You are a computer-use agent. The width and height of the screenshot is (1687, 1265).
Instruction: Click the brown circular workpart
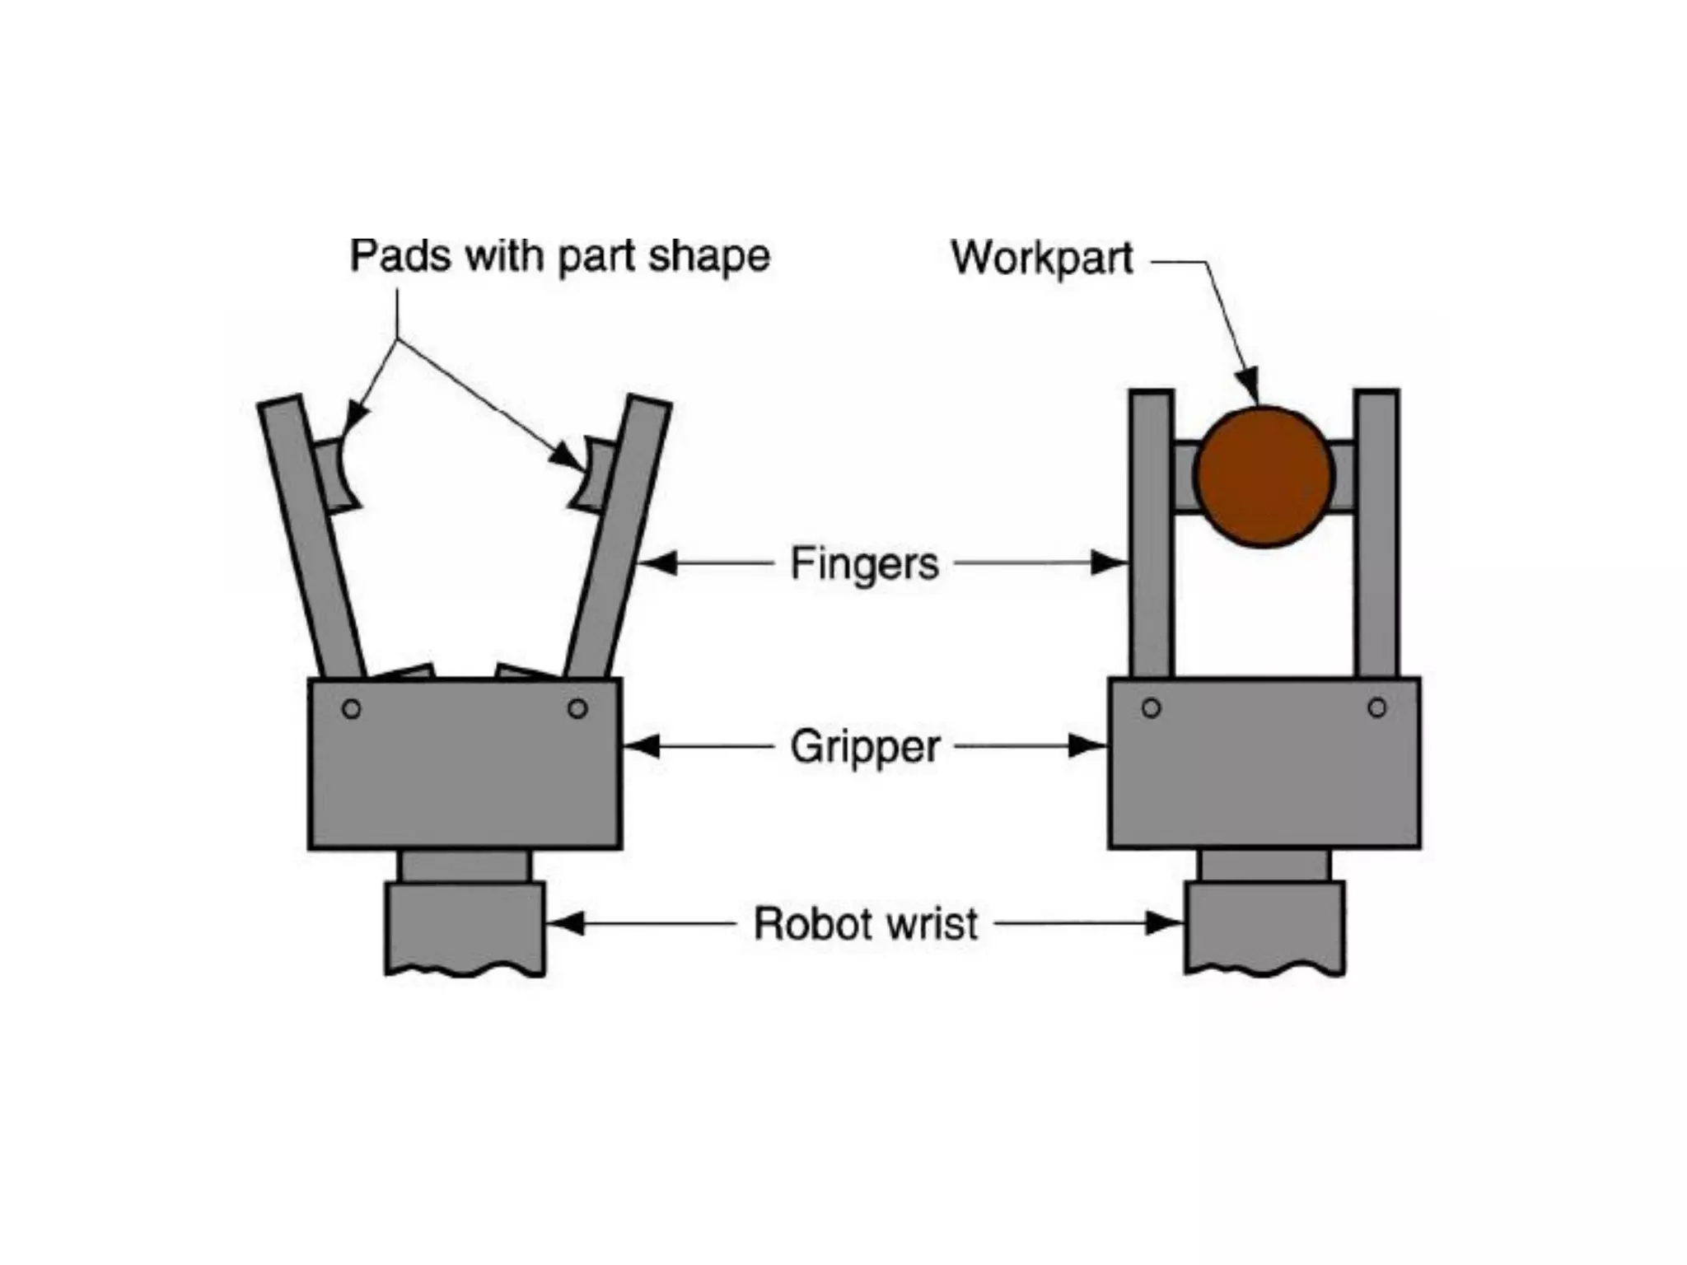[x=1264, y=476]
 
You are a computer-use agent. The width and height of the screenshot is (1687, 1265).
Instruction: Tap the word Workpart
[x=1042, y=258]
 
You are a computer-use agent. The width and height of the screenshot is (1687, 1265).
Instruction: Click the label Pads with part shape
[x=559, y=256]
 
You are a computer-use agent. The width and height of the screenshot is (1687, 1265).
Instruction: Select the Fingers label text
[x=864, y=564]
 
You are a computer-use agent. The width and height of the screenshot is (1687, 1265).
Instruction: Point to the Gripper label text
[x=865, y=747]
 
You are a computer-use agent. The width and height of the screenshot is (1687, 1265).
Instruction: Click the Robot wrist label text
[x=866, y=923]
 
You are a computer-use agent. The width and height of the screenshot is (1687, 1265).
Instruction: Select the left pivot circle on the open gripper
[x=352, y=708]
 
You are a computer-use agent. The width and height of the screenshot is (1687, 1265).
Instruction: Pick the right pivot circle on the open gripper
[x=577, y=708]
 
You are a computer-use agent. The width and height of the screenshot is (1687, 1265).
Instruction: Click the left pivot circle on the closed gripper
[x=1151, y=708]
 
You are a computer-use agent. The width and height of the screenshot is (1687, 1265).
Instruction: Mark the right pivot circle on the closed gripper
[x=1376, y=708]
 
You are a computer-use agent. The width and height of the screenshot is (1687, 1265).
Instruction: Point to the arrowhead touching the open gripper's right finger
[x=657, y=563]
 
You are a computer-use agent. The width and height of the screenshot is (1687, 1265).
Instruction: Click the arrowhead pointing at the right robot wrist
[x=1164, y=923]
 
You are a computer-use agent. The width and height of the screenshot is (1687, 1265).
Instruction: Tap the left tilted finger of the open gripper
[x=311, y=535]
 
